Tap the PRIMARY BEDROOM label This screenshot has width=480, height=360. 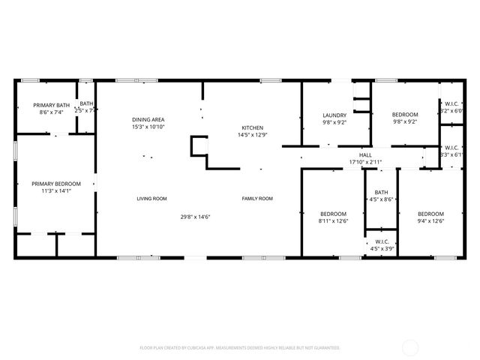pos(56,183)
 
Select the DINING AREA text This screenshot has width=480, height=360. pos(148,120)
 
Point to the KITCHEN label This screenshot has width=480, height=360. pos(252,127)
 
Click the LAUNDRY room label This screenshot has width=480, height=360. pos(334,115)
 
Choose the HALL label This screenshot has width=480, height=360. pos(365,155)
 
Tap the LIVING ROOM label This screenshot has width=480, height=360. pos(151,199)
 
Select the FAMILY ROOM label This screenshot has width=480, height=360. pos(257,199)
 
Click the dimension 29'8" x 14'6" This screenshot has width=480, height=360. pos(195,217)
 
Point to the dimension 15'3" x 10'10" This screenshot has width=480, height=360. pos(148,127)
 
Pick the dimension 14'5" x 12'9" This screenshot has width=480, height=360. pos(252,135)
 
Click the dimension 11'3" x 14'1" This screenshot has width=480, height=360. pos(56,190)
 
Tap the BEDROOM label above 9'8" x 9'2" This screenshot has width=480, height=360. pos(404,115)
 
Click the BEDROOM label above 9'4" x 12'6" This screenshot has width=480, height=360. pos(430,213)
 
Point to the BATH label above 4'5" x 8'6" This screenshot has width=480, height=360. pos(381,192)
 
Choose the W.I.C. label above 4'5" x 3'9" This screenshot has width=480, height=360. pos(381,241)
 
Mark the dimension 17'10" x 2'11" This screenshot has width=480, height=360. pos(365,162)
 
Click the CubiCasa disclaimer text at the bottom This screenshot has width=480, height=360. pos(240,348)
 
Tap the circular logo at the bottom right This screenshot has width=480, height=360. pos(411,347)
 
